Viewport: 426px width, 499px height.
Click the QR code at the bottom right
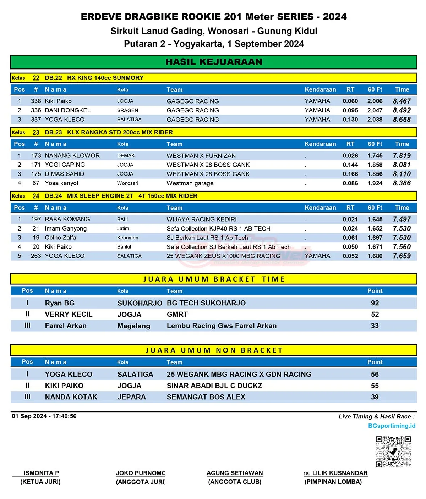coord(393,451)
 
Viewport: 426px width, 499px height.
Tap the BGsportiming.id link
coord(392,426)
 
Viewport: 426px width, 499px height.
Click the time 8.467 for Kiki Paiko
coord(402,101)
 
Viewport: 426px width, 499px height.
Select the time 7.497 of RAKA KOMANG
coord(402,219)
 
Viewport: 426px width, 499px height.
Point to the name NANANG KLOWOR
coord(72,156)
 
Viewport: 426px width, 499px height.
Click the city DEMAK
coord(126,156)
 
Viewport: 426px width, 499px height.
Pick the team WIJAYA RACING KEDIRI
coord(201,219)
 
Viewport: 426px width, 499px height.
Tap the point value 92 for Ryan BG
coord(375,303)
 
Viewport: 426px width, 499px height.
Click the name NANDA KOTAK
coord(71,397)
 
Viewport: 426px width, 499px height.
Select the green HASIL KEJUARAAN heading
coord(214,62)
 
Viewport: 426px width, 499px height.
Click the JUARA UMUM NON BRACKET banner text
coord(214,350)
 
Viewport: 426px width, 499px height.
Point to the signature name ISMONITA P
coord(41,473)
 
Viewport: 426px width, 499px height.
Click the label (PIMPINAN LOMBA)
coord(333,482)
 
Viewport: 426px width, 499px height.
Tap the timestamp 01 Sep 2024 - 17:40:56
coord(44,416)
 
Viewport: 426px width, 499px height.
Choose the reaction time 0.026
coord(350,156)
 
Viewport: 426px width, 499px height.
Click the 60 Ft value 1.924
coord(375,183)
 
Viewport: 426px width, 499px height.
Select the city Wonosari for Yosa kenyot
coord(127,183)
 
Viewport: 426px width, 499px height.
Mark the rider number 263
coord(36,256)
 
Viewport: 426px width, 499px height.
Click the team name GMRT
coord(177,314)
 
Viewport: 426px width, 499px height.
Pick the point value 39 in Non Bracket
coord(375,397)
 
